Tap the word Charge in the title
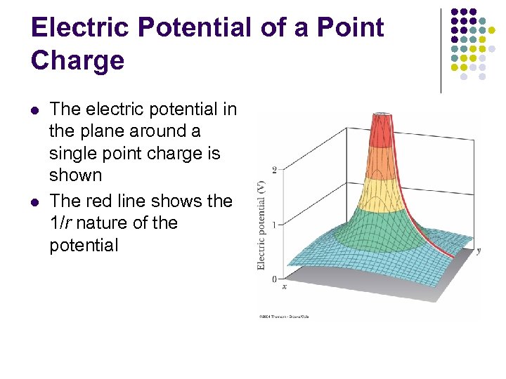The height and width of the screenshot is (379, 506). [77, 60]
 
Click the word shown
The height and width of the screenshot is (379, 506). [75, 175]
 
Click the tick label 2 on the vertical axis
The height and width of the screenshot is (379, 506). [273, 169]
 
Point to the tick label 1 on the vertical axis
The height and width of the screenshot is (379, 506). [273, 224]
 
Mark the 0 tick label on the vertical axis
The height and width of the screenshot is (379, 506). [273, 279]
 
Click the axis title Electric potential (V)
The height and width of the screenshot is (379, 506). [261, 225]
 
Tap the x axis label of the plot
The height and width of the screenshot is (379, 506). [285, 286]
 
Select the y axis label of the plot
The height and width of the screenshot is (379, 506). [479, 251]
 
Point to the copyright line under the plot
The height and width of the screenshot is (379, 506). [284, 317]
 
